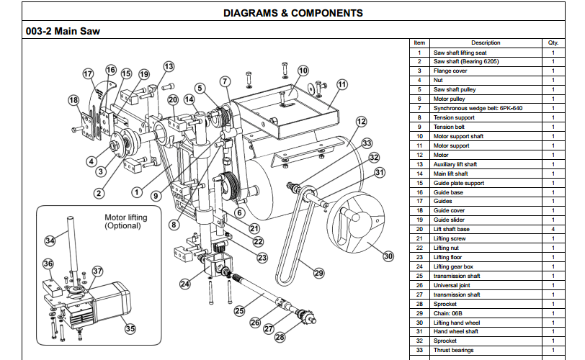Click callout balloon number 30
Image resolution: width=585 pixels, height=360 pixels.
click(x=388, y=256)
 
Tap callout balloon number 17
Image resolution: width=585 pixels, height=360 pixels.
click(x=88, y=73)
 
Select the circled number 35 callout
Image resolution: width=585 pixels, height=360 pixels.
click(x=130, y=329)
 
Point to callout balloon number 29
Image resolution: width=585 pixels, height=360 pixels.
click(x=318, y=272)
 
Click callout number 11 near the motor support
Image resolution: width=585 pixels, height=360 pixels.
click(x=341, y=84)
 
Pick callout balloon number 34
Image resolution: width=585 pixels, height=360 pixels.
click(x=50, y=240)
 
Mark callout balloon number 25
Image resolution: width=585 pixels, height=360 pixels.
click(x=239, y=311)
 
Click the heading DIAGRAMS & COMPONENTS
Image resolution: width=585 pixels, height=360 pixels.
click(x=293, y=13)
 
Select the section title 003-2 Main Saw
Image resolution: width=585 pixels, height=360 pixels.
click(x=63, y=31)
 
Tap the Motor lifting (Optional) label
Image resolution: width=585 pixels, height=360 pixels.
click(x=126, y=222)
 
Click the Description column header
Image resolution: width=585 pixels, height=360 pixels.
click(x=485, y=42)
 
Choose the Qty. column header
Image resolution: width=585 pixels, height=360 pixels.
click(x=553, y=42)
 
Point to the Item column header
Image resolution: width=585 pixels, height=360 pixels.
click(x=420, y=42)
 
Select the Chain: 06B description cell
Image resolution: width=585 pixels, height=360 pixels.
click(x=448, y=313)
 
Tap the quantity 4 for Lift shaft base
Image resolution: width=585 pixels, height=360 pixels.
click(x=553, y=229)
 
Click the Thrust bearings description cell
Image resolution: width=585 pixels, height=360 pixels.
click(x=453, y=351)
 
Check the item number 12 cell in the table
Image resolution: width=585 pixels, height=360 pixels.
click(x=420, y=155)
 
